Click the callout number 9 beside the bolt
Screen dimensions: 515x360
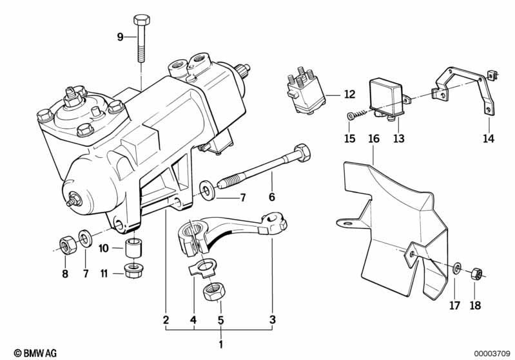pyautogui.click(x=121, y=37)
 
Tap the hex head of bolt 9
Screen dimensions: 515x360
pyautogui.click(x=142, y=20)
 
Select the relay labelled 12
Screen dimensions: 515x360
pyautogui.click(x=306, y=91)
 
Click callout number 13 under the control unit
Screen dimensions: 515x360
pyautogui.click(x=399, y=138)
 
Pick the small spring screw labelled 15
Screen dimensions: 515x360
pyautogui.click(x=356, y=115)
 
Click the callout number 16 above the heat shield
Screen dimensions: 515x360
pyautogui.click(x=374, y=138)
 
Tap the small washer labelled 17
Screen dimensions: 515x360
pyautogui.click(x=457, y=268)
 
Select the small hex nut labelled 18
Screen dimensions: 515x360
pyautogui.click(x=476, y=274)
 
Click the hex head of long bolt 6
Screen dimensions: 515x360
pyautogui.click(x=302, y=153)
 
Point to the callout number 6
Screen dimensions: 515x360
pyautogui.click(x=271, y=197)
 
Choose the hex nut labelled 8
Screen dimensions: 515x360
pyautogui.click(x=68, y=245)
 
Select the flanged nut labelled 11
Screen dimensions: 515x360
pyautogui.click(x=133, y=271)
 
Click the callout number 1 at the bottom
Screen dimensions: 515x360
pyautogui.click(x=220, y=345)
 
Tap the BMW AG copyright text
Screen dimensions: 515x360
pyautogui.click(x=35, y=353)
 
